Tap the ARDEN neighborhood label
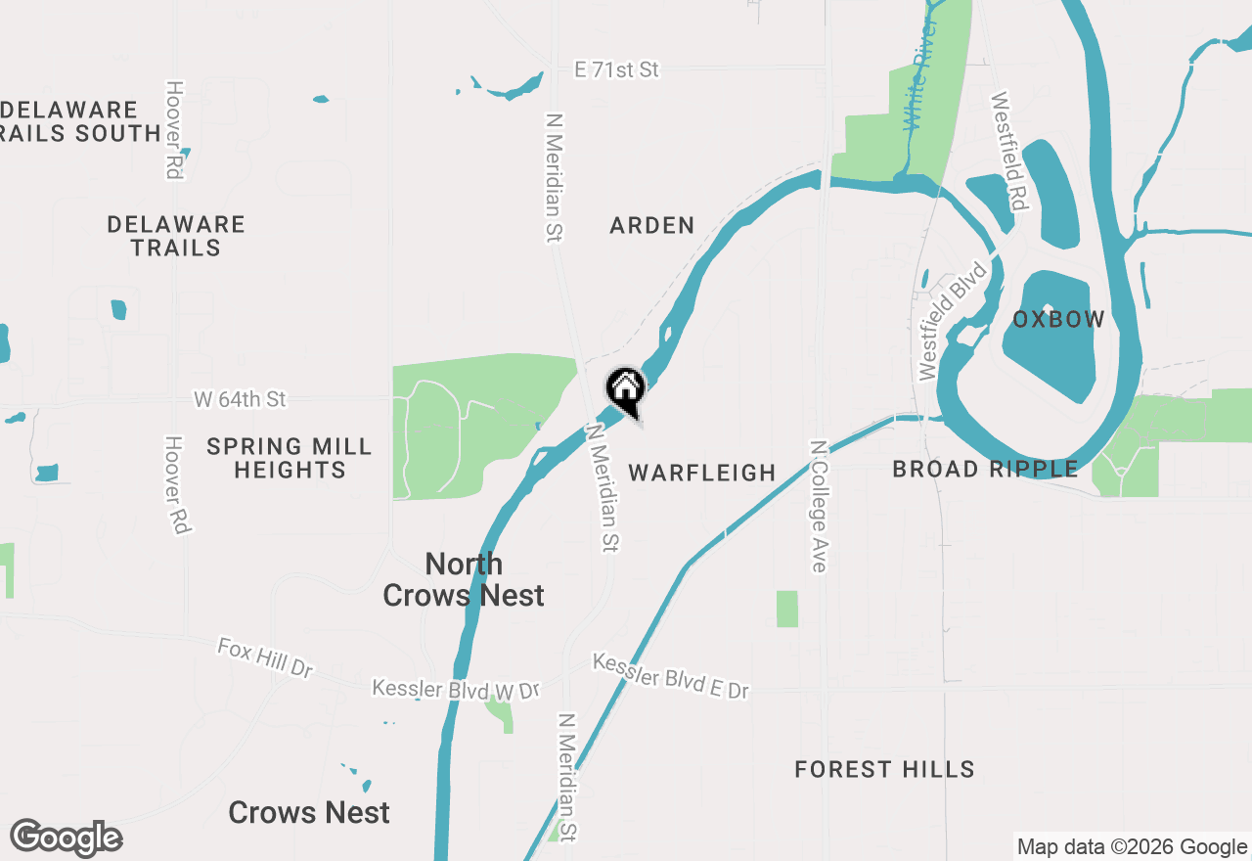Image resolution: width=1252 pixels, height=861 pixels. (x=651, y=225)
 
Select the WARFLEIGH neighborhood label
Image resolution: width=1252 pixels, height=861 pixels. (x=701, y=473)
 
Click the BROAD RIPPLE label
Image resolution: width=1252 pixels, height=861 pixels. (x=985, y=470)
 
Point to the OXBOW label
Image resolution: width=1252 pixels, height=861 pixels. (x=1058, y=319)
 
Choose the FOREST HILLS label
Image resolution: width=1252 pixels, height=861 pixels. (x=884, y=769)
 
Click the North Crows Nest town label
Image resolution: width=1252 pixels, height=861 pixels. (x=464, y=579)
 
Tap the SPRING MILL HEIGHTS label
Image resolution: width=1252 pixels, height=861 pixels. (x=290, y=458)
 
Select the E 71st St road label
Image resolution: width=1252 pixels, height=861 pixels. (x=616, y=69)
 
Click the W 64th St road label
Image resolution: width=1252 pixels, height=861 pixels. (x=240, y=399)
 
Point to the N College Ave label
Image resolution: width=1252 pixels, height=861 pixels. (x=818, y=506)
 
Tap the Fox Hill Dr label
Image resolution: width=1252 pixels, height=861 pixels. (x=265, y=658)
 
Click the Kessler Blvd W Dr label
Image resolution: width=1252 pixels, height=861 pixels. (x=455, y=690)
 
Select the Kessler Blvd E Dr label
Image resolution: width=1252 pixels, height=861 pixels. (x=670, y=676)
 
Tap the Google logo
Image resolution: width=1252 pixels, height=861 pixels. (x=66, y=838)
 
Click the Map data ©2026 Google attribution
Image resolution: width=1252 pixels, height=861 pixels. (x=1132, y=847)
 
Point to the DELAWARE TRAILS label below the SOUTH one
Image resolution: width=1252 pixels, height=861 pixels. (x=176, y=236)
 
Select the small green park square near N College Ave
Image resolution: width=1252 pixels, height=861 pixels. (x=787, y=609)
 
